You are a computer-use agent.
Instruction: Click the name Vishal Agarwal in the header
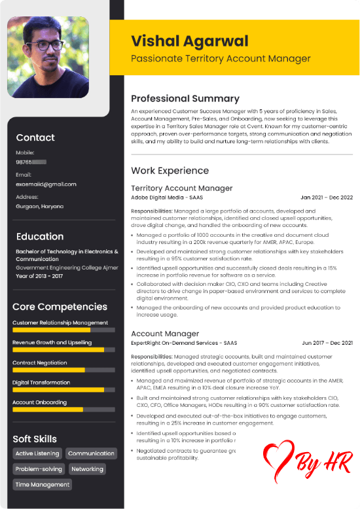[x=190, y=41]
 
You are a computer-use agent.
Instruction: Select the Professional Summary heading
[x=185, y=99]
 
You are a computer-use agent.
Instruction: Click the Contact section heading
[x=35, y=137]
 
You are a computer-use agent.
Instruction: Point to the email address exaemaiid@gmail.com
[x=46, y=184]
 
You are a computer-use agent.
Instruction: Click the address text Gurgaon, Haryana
[x=40, y=206]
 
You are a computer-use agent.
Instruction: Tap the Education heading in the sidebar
[x=40, y=236]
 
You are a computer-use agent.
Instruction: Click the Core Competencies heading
[x=60, y=306]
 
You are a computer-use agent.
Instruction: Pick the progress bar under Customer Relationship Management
[x=63, y=330]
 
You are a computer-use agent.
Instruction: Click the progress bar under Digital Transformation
[x=63, y=390]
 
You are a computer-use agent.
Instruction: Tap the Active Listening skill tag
[x=37, y=453]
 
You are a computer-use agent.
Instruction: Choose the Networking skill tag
[x=87, y=469]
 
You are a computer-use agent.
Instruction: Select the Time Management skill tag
[x=42, y=485]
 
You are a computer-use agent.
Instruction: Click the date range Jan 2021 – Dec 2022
[x=327, y=197]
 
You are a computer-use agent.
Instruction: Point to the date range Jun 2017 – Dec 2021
[x=327, y=343]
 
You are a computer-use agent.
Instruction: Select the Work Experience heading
[x=170, y=170]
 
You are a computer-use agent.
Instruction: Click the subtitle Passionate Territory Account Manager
[x=221, y=59]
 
